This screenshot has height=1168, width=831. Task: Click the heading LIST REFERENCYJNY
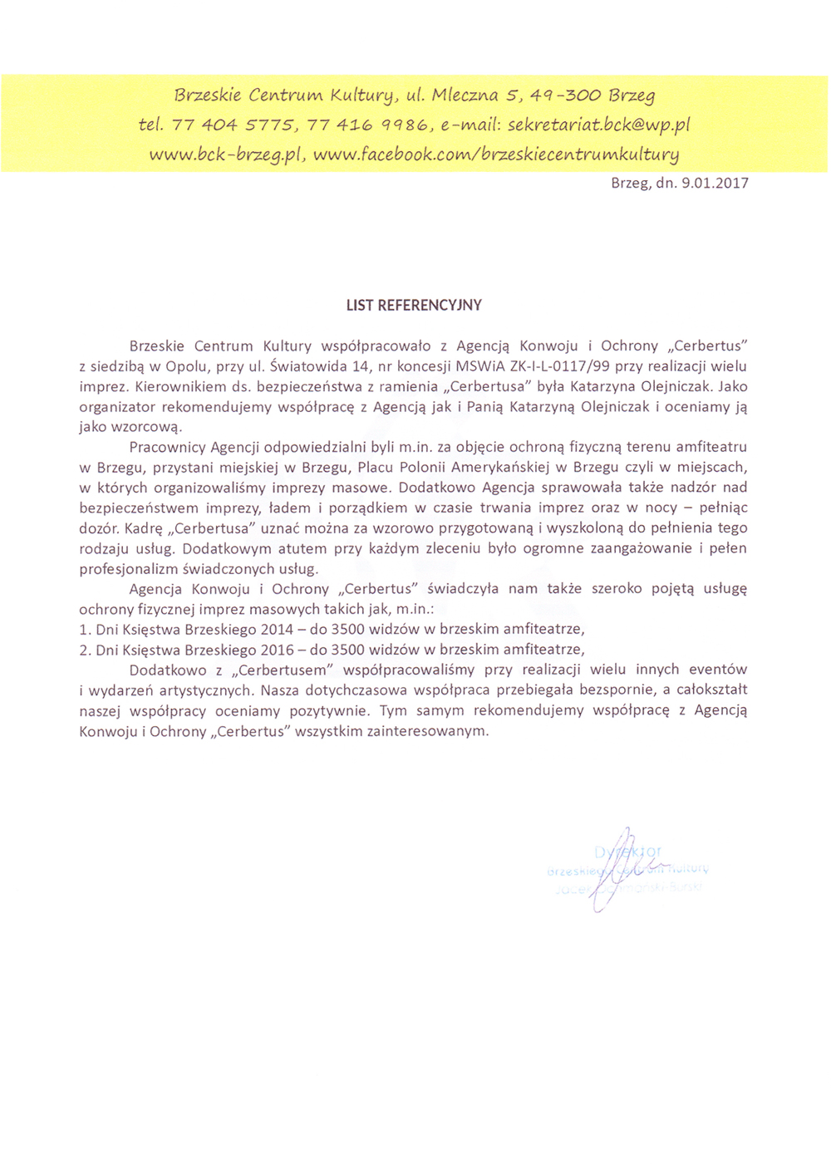414,305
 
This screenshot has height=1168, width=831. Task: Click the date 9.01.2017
715,184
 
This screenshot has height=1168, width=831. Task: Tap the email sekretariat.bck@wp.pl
598,125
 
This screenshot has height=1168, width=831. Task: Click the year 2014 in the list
277,630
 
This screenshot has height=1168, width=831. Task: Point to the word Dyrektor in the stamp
628,851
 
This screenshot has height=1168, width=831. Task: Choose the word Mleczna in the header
465,95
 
